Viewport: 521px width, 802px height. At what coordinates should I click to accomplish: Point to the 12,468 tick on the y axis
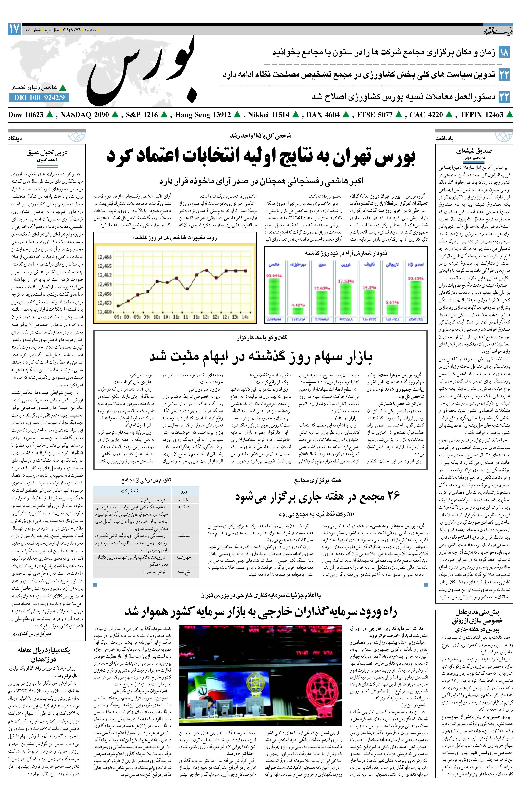click(105, 257)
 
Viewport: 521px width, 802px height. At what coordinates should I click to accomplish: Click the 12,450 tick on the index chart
click(105, 312)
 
